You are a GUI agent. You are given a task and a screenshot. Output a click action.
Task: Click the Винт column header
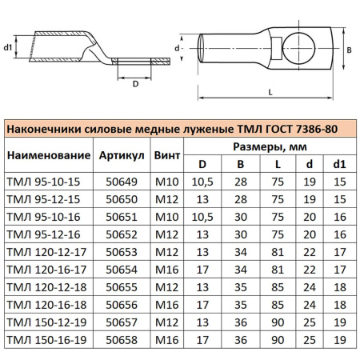pyautogui.click(x=169, y=154)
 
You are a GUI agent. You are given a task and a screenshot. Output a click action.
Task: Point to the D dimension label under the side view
pyautogui.click(x=135, y=82)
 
